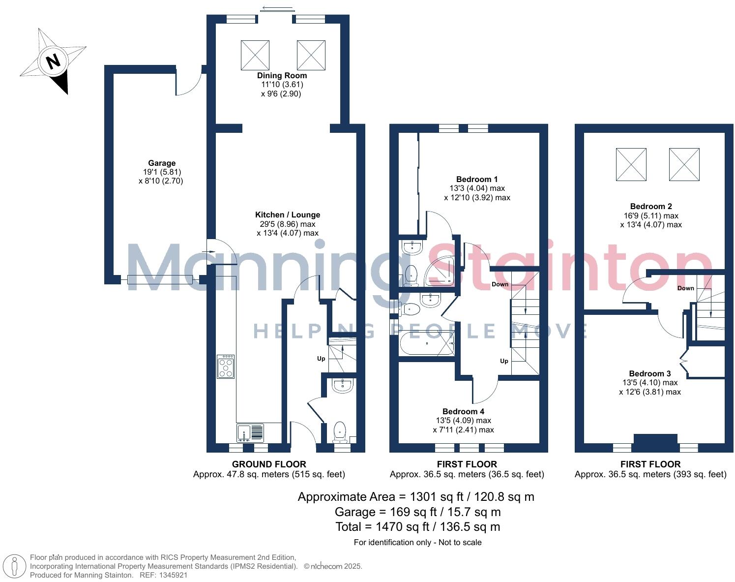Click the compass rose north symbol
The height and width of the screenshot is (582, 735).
(x=53, y=61)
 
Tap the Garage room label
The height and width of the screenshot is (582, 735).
(x=162, y=163)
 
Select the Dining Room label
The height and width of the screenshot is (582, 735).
(x=282, y=75)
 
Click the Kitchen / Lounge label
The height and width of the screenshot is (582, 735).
(x=287, y=214)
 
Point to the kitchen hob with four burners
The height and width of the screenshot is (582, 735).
(x=226, y=367)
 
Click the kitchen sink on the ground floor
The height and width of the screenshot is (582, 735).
(x=250, y=433)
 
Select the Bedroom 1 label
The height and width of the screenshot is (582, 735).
(x=476, y=179)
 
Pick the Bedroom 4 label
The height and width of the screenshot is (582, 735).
(x=463, y=411)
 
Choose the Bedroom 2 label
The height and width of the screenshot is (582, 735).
(x=650, y=206)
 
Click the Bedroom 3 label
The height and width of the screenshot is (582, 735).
(x=649, y=373)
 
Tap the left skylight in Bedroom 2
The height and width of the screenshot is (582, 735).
(x=631, y=164)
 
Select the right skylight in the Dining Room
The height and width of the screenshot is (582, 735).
(x=311, y=55)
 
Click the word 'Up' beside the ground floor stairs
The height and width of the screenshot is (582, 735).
(x=321, y=359)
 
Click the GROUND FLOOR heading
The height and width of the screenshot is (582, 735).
(x=268, y=464)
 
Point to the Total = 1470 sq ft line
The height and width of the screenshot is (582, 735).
(x=417, y=527)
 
